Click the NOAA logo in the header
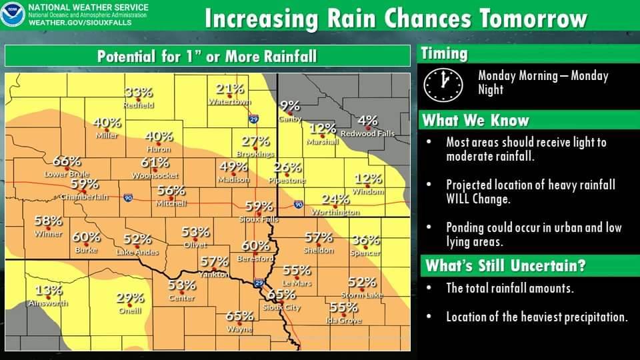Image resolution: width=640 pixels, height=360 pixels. (13, 14)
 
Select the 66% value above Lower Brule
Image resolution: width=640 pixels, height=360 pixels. (67, 161)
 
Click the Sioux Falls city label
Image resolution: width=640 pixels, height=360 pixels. (259, 219)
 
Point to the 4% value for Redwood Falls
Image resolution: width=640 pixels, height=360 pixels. (368, 121)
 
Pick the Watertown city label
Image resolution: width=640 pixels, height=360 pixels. (229, 101)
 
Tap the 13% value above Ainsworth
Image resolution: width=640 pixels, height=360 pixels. (49, 291)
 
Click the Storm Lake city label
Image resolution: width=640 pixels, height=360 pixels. (362, 295)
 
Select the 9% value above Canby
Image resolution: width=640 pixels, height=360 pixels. (290, 105)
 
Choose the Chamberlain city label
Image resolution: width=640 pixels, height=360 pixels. (84, 197)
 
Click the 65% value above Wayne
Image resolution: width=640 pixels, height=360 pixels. (239, 316)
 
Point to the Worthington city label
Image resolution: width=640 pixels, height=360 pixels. (335, 212)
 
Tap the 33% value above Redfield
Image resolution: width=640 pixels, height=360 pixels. (139, 92)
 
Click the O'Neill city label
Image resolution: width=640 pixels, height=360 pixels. (130, 311)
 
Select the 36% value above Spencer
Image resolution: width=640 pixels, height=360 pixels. (366, 240)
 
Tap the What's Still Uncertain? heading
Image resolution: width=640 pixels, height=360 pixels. (505, 266)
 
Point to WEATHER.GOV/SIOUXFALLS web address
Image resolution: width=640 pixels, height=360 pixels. (80, 23)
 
